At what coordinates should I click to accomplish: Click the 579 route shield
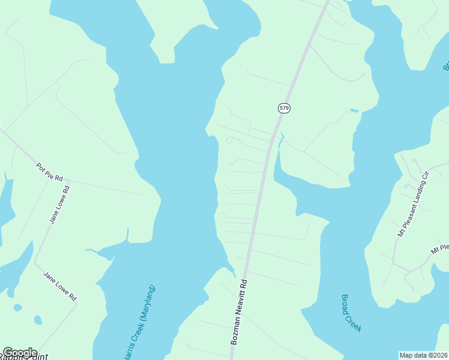coord(284,108)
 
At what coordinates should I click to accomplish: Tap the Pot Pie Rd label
coord(49,172)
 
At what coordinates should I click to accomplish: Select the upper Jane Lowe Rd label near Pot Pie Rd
coord(59,205)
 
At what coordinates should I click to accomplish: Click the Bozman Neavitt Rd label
coord(238,311)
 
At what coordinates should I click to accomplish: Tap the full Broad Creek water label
coord(351,313)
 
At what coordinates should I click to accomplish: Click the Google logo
coord(20,353)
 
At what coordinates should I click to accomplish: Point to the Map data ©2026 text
coord(423,355)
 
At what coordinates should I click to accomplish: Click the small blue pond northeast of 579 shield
coord(354,110)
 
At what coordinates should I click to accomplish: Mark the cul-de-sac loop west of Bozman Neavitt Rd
coord(229,141)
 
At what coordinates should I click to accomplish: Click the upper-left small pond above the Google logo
coord(17,307)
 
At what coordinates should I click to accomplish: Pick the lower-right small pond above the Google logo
coord(38,320)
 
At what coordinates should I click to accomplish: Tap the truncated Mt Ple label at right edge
coord(440,247)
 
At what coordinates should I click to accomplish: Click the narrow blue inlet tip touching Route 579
coord(280,136)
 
